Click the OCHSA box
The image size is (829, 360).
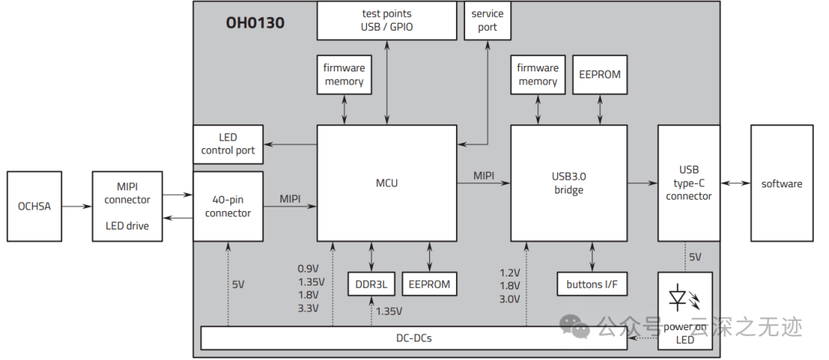click(x=35, y=206)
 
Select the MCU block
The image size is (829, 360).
click(x=388, y=183)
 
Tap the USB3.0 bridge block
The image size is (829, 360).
click(x=569, y=183)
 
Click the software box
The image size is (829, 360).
click(x=781, y=183)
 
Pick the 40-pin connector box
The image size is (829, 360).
click(x=228, y=206)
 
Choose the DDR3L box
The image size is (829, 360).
click(x=372, y=284)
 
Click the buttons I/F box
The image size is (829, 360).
click(x=592, y=284)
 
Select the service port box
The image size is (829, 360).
click(x=487, y=21)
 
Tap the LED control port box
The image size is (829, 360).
click(x=228, y=144)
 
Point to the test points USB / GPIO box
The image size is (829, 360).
click(x=386, y=21)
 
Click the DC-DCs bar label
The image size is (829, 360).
click(x=414, y=338)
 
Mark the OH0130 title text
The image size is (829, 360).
click(x=255, y=23)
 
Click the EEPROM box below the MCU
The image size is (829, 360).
click(x=429, y=284)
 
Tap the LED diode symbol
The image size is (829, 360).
click(x=679, y=298)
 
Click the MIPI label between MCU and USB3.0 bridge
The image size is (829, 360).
click(x=484, y=176)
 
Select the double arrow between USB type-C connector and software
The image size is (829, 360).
click(x=735, y=183)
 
